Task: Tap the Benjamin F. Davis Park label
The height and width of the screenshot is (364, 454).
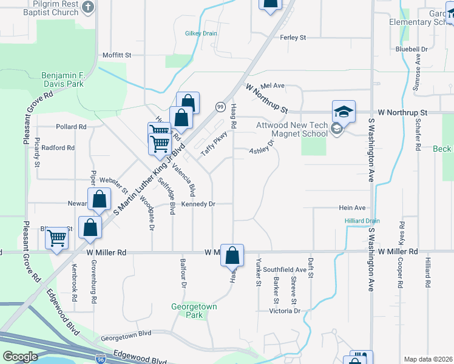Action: pyautogui.click(x=63, y=79)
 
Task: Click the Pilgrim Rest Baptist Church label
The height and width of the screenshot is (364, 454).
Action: pyautogui.click(x=44, y=7)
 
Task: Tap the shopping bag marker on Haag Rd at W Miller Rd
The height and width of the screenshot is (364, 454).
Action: pyautogui.click(x=232, y=255)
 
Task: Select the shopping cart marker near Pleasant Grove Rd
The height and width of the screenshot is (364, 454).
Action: pyautogui.click(x=57, y=238)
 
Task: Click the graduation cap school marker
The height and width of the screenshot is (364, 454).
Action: pyautogui.click(x=344, y=112)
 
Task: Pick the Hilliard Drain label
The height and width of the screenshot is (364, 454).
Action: pyautogui.click(x=362, y=221)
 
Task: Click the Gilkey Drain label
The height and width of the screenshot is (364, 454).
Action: pyautogui.click(x=201, y=33)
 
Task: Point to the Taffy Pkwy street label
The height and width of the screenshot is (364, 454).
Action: pyautogui.click(x=214, y=143)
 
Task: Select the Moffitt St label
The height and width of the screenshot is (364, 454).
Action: pyautogui.click(x=117, y=55)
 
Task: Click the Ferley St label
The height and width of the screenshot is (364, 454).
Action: pyautogui.click(x=293, y=38)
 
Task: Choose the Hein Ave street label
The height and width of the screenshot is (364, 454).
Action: pyautogui.click(x=352, y=207)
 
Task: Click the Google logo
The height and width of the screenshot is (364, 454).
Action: pyautogui.click(x=20, y=357)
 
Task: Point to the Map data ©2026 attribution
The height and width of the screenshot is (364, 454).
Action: pyautogui.click(x=427, y=359)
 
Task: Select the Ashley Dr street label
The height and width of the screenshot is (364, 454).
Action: pyautogui.click(x=262, y=147)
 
